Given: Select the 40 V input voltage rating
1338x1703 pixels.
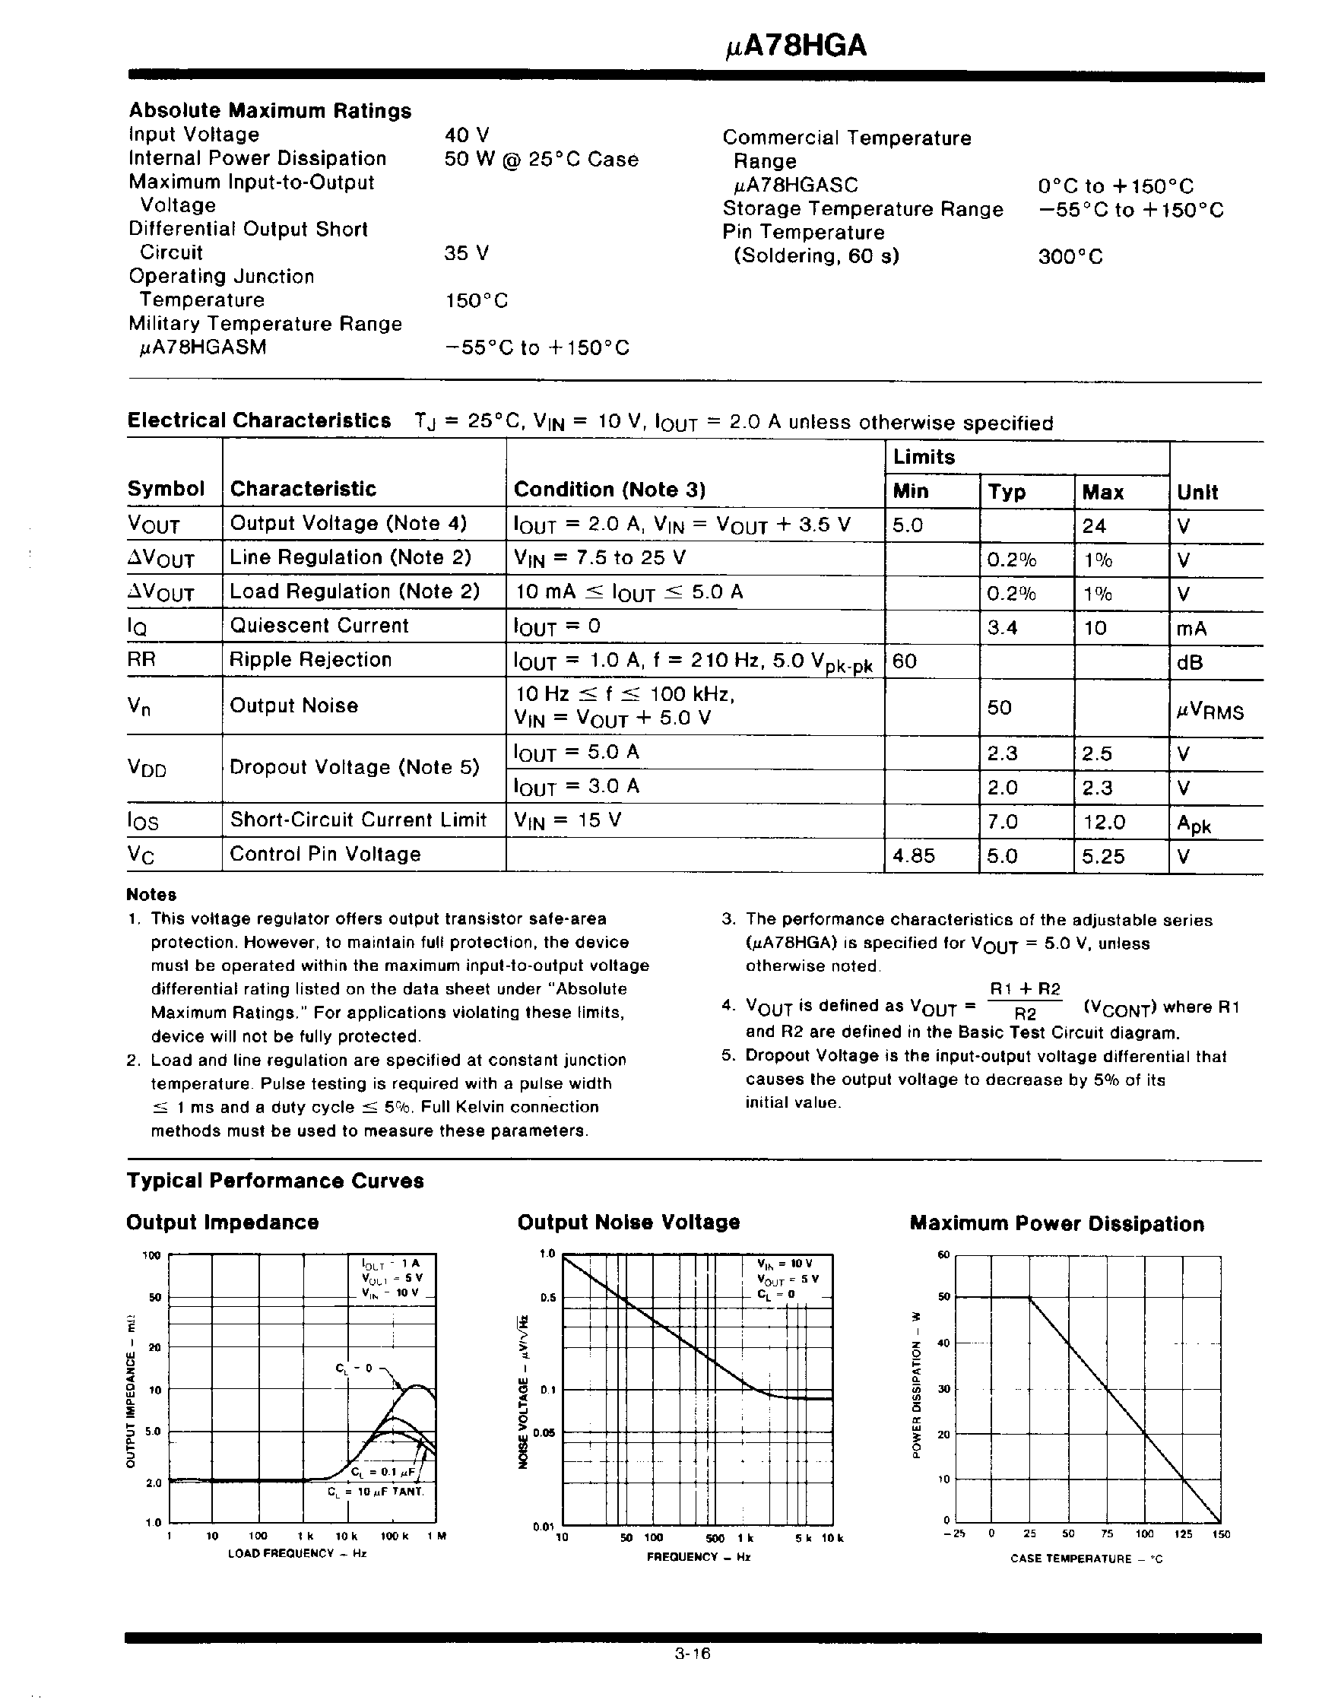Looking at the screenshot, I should tap(467, 135).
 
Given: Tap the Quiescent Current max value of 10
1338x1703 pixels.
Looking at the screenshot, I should tap(1095, 627).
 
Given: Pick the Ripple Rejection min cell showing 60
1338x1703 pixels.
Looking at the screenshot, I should tap(905, 661).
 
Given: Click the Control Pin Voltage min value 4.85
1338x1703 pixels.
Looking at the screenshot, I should tap(915, 856).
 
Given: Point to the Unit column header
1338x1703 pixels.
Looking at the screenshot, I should tap(1198, 493).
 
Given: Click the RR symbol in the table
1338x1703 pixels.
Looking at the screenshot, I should tap(142, 660).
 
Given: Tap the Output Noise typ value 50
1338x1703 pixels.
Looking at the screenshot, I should tap(1000, 708).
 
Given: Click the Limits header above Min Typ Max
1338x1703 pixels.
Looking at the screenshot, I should tap(924, 458).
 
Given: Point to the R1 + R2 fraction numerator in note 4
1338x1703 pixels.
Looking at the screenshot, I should tap(1026, 989).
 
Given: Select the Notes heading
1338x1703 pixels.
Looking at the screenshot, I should tap(151, 895).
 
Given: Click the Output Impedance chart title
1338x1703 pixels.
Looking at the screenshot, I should tap(223, 1223).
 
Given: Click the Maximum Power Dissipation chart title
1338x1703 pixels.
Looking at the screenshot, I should tap(1057, 1224).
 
